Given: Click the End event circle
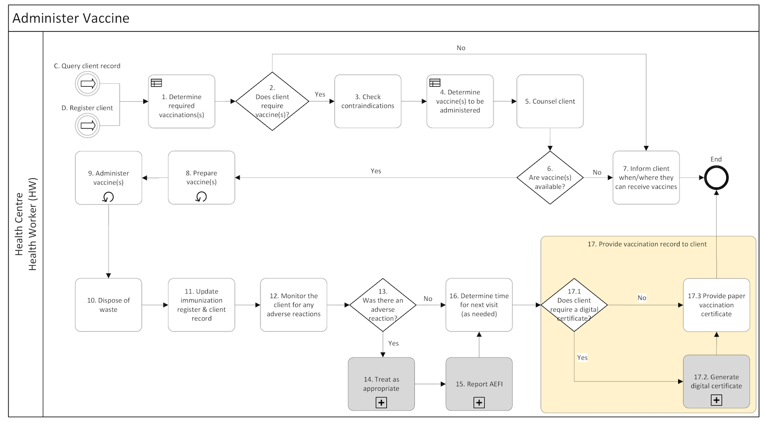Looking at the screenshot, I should tap(716, 178).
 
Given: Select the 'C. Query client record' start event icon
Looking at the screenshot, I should tap(87, 84).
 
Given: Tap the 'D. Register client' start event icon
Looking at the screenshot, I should tap(87, 126).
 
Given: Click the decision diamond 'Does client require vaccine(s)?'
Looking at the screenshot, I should tap(272, 101).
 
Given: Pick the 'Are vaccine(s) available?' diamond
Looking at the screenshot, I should tap(550, 178).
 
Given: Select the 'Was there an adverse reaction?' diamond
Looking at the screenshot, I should tap(382, 305).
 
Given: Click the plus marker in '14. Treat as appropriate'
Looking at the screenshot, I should tap(381, 402).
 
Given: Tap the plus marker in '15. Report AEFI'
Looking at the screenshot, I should tap(479, 402).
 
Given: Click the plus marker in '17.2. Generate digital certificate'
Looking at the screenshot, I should tap(716, 400).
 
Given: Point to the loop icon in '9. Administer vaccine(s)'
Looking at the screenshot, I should tap(109, 197).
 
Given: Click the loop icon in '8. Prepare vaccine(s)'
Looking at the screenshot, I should tap(201, 197).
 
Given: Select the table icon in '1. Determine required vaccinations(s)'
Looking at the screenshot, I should tap(156, 83).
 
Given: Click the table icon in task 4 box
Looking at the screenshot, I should tap(435, 83).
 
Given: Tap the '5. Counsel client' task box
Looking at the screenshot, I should tap(550, 101).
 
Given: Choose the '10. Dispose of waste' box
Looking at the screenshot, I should tap(109, 305).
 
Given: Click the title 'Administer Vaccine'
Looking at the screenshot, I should tap(71, 18).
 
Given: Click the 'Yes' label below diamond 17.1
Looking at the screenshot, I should tap(582, 357).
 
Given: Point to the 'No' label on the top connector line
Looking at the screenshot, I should tap(461, 48).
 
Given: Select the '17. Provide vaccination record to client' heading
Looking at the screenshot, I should tap(647, 244).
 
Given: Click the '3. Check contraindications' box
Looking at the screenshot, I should tap(368, 101).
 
